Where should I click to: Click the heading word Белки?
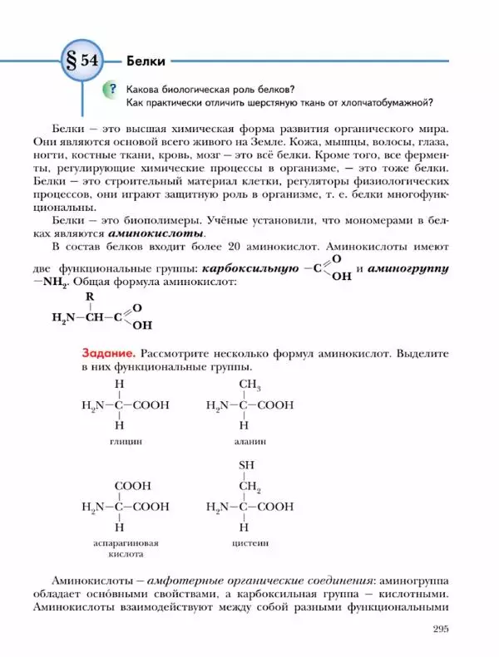click(146, 61)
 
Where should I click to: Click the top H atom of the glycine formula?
click(119, 385)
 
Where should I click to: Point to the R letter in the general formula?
click(90, 297)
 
